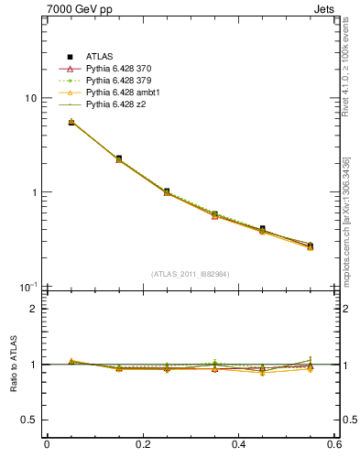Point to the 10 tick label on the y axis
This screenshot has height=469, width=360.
point(30,99)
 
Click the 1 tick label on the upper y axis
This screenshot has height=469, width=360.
point(33,193)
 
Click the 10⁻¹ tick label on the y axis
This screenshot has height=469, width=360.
point(28,288)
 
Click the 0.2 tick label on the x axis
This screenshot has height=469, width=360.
point(143,446)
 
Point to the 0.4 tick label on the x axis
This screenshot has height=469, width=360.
point(239,446)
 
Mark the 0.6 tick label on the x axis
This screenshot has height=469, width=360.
point(334,446)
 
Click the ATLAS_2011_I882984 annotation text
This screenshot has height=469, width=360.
point(191,274)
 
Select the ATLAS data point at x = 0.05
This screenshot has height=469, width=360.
point(71,122)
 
